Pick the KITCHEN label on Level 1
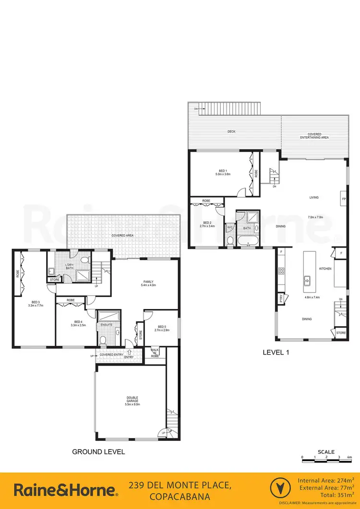[x=326, y=269]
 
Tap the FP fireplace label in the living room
[x=343, y=198]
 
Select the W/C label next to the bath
[x=229, y=227]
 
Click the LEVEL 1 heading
[x=276, y=352]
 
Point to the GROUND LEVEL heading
[x=98, y=451]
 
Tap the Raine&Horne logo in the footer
[x=65, y=490]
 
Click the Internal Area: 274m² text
[x=326, y=480]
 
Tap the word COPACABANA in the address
[x=180, y=496]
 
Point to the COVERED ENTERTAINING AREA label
[x=314, y=136]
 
